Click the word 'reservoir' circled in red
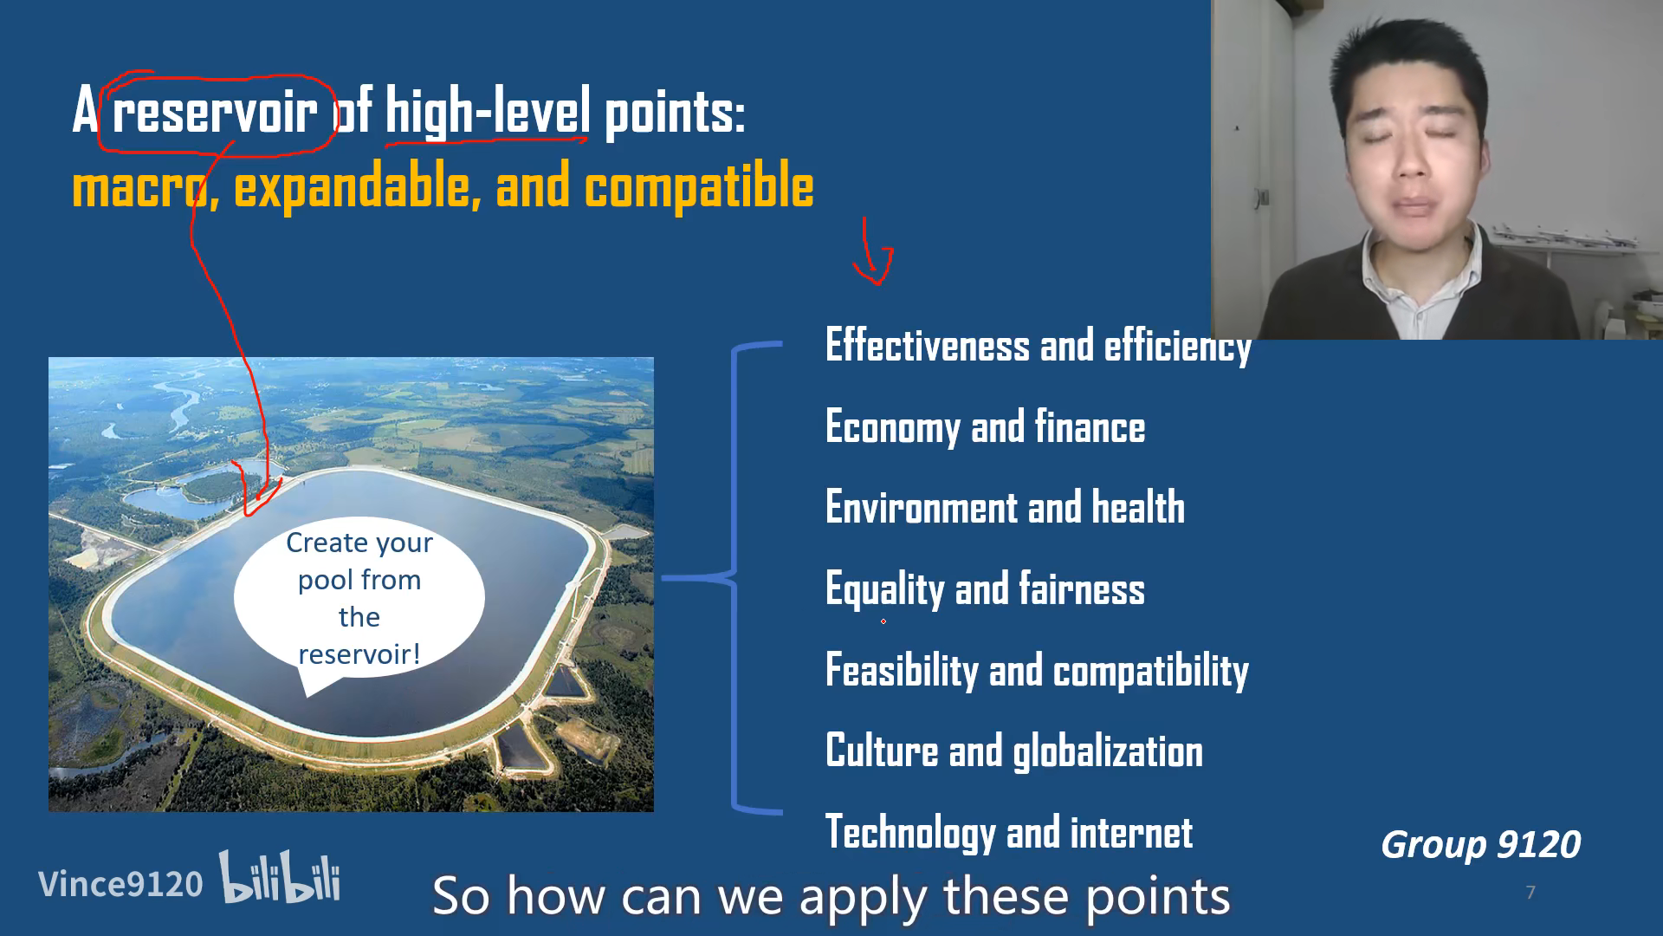(215, 112)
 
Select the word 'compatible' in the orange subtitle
(699, 186)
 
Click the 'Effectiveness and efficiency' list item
(1039, 346)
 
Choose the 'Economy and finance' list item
(985, 427)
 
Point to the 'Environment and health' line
(1005, 507)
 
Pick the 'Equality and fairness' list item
(985, 589)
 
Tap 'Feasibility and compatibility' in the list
(1037, 671)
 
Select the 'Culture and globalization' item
(1014, 751)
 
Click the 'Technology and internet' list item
(1009, 832)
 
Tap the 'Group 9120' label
(1480, 844)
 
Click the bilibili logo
(280, 877)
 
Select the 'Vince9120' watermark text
(120, 884)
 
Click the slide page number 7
(1530, 893)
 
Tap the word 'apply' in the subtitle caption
(863, 898)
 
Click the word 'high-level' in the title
(488, 112)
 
